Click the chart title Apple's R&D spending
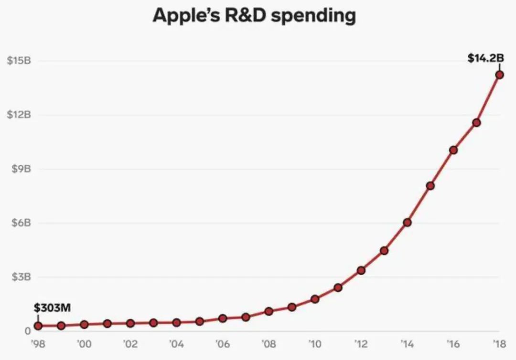(254, 16)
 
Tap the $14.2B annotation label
(485, 58)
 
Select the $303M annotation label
(52, 308)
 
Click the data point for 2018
(499, 74)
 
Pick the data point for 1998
(38, 326)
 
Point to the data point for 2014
(407, 222)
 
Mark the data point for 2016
(453, 150)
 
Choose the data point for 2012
(361, 270)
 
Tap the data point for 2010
(315, 299)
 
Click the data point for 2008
(269, 311)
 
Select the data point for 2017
(476, 123)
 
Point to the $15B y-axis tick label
(19, 61)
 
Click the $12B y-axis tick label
(19, 115)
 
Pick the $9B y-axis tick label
(21, 169)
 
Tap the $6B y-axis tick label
(21, 223)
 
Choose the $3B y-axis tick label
(21, 277)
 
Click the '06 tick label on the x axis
(223, 343)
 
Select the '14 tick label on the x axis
(407, 343)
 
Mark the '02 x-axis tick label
(130, 343)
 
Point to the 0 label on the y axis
(28, 331)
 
